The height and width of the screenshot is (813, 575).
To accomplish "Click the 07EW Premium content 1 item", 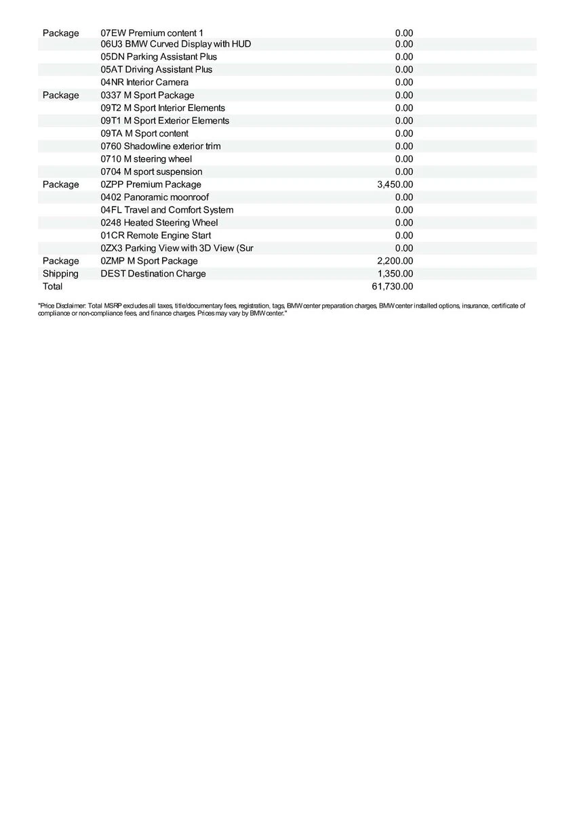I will (x=152, y=33).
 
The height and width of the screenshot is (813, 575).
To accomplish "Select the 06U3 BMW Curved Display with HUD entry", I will (x=176, y=44).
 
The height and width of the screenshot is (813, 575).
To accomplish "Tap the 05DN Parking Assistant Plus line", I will (x=159, y=57).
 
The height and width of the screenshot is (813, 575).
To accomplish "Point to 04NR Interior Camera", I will (x=144, y=82).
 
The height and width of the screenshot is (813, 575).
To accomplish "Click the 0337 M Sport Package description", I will (x=147, y=96).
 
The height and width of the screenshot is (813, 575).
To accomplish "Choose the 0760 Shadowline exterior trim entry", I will (x=160, y=146).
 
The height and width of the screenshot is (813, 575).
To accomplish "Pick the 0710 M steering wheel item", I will (x=146, y=159).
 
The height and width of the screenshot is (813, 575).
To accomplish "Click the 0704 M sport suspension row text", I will (x=151, y=172).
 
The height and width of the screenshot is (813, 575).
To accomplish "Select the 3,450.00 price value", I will (x=395, y=184).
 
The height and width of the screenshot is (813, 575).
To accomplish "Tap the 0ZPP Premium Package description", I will (x=151, y=184).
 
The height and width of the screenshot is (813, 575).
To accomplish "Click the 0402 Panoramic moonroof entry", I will (x=155, y=197).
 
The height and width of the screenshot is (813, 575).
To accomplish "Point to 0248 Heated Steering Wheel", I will (x=159, y=223).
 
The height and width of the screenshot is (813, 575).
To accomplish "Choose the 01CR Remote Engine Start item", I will (x=155, y=236).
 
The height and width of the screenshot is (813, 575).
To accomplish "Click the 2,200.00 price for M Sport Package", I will (x=395, y=261).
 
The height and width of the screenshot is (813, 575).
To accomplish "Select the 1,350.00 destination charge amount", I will (x=395, y=274).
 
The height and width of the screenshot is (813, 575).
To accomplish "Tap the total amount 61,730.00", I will (x=392, y=287).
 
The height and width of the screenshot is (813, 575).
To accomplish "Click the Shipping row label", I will (x=60, y=274).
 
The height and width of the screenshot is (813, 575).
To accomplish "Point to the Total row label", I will (x=52, y=287).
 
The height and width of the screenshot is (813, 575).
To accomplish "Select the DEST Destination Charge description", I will (x=153, y=274).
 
